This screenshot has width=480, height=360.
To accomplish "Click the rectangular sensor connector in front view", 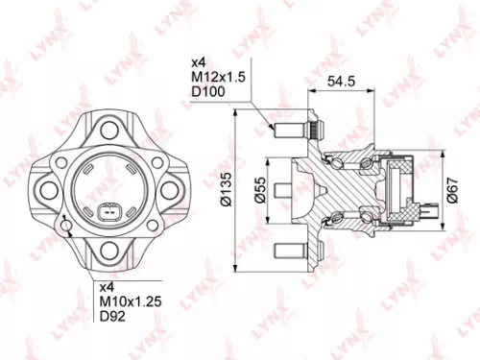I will click(108, 212).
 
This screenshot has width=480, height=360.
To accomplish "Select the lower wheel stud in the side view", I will click(288, 252).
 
